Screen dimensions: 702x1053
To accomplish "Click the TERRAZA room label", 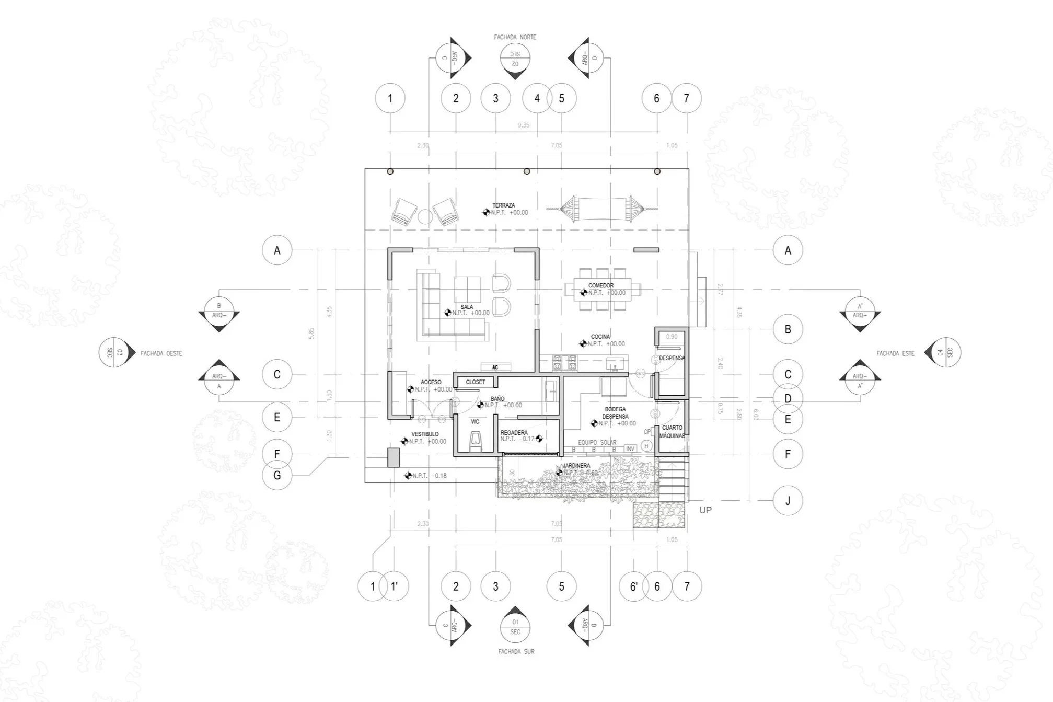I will point(503,205).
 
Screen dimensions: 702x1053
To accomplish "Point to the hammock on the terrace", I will point(601,209).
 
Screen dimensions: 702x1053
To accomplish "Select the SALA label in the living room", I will point(467,307).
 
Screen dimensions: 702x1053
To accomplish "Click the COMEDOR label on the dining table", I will point(601,285).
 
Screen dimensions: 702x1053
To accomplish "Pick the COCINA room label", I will point(600,337).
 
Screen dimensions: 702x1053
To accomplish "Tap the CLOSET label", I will point(476,382).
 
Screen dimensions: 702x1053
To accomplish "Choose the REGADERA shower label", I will point(514,433).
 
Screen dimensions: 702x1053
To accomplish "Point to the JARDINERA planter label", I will point(576,466).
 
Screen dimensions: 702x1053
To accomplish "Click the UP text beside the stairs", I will point(705,510).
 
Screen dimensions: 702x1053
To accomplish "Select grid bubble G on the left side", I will point(277,475).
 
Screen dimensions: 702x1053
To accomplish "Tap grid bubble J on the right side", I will point(788,501).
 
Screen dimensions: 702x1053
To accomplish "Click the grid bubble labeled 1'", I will point(395,586).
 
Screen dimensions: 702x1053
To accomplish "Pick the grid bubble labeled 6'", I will point(633,586).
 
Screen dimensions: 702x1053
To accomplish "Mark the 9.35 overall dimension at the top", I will point(523,125).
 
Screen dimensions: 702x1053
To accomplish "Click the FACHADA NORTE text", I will point(515,37).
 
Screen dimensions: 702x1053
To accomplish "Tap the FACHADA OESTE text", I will point(161,354).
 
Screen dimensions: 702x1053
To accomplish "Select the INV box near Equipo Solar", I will point(630,449).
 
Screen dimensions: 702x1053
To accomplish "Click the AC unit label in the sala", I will point(495,367).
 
